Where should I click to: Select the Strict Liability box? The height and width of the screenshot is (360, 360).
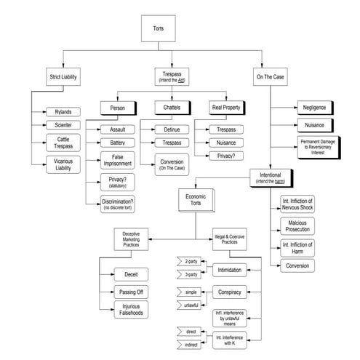(x=63, y=76)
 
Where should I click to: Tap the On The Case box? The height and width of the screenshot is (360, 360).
(x=271, y=76)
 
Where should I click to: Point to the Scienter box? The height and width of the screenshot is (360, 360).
(x=57, y=124)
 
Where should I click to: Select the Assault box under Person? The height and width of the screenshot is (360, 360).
(x=117, y=129)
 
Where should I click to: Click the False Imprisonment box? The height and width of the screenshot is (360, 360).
(x=117, y=161)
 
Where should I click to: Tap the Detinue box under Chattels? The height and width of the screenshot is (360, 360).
(x=171, y=129)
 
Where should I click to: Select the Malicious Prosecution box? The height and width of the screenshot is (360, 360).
(x=300, y=225)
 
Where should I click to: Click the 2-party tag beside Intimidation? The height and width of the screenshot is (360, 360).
(x=191, y=260)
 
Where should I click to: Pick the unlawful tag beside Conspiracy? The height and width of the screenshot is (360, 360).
(x=191, y=304)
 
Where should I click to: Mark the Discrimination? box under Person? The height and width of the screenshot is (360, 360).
(x=117, y=204)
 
